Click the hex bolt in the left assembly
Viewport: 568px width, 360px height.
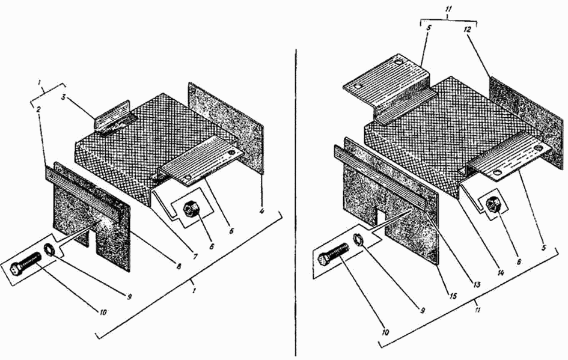click(25, 263)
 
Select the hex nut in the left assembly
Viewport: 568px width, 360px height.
click(190, 209)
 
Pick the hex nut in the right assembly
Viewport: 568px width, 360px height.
click(493, 206)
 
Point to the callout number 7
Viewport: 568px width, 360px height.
click(195, 257)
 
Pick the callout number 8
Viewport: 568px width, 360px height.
click(179, 266)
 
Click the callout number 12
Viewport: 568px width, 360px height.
click(467, 30)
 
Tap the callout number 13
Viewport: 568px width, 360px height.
click(477, 284)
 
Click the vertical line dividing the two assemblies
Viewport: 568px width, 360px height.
click(296, 203)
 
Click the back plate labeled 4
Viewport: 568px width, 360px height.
click(225, 126)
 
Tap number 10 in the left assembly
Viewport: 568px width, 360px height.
click(103, 311)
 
